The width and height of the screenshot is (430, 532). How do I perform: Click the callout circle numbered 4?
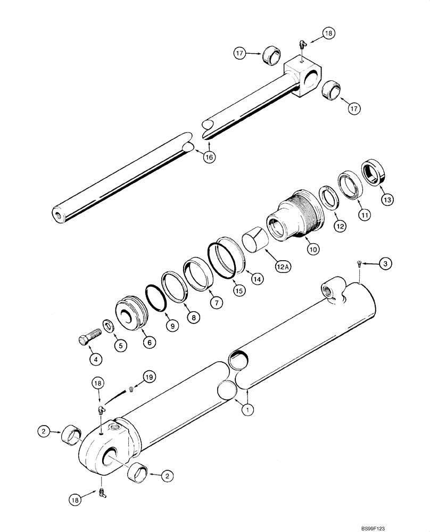click(x=95, y=360)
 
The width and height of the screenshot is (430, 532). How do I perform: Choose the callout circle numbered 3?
click(x=386, y=263)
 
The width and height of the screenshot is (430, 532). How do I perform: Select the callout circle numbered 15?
click(x=239, y=291)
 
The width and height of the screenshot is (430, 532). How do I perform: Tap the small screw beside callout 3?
click(x=359, y=263)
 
